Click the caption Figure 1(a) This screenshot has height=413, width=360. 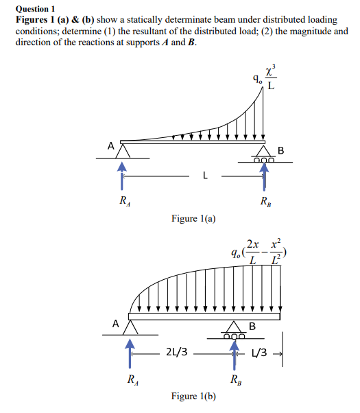[x=194, y=219]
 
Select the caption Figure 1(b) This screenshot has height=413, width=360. [x=194, y=396]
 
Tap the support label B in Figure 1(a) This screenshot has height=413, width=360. [x=280, y=150]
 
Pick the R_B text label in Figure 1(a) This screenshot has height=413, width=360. [x=265, y=202]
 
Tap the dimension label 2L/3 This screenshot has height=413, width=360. [x=178, y=353]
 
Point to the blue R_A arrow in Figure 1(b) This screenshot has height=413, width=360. [x=128, y=351]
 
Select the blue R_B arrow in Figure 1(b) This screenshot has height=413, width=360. [x=235, y=351]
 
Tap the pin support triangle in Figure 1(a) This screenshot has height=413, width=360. [x=123, y=149]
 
